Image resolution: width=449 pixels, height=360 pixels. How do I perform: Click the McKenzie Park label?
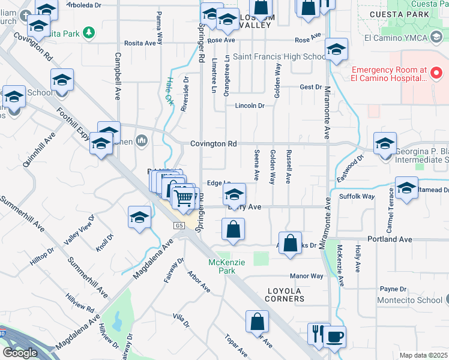tap(221, 267)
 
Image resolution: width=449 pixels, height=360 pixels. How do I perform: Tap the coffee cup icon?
tap(334, 336)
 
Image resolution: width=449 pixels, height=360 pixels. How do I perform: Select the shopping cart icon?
tap(184, 197)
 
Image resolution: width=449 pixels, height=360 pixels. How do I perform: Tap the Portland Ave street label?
tap(390, 239)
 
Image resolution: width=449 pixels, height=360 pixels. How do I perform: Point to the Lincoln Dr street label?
tap(250, 106)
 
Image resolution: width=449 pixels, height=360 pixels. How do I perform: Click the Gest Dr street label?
tap(310, 87)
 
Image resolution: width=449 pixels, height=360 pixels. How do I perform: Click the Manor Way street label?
tap(306, 276)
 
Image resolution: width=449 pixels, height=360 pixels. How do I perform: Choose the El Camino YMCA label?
tap(411, 38)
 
